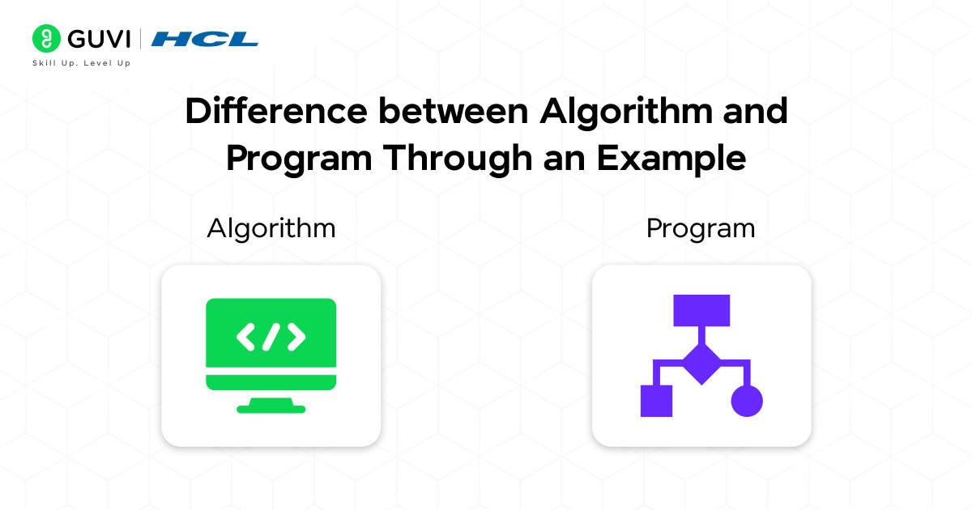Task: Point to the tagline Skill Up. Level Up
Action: coord(81,63)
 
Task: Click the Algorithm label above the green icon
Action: coord(271,228)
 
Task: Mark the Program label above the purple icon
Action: coord(701,228)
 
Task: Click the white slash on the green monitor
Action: coord(271,337)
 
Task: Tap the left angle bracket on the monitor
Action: coord(245,337)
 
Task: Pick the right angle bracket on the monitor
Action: coord(296,337)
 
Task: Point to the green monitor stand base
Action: coord(271,408)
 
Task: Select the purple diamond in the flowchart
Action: coord(701,363)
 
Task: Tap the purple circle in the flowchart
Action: coord(747,401)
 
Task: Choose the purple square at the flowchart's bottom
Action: coord(656,401)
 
